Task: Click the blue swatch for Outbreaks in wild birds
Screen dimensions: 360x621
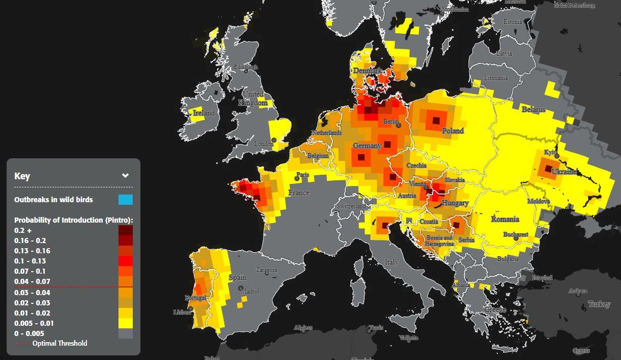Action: (x=126, y=199)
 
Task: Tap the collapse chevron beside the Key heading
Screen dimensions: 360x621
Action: (x=125, y=176)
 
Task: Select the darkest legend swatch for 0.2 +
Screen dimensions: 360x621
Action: (x=126, y=230)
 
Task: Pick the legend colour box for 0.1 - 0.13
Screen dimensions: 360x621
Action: (x=126, y=261)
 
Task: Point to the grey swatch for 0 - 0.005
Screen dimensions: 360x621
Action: (x=126, y=333)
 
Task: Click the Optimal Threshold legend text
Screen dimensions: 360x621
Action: (x=59, y=343)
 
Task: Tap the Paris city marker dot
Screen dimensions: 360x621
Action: (x=297, y=179)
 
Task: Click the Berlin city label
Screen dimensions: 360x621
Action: (x=391, y=122)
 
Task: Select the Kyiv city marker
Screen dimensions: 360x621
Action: (x=557, y=156)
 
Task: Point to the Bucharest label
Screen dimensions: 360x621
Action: (x=515, y=234)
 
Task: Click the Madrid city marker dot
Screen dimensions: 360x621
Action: (x=241, y=289)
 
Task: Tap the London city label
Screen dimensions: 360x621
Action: (x=264, y=144)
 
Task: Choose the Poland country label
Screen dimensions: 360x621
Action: (x=453, y=131)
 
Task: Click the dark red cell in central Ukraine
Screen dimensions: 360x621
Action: (x=548, y=169)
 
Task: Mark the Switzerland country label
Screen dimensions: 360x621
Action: (x=351, y=206)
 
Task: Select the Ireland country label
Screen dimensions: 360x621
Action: (x=204, y=113)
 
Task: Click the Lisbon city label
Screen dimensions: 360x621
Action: (x=182, y=312)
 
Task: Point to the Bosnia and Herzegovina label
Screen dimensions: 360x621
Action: (x=440, y=241)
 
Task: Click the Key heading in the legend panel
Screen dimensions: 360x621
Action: (x=22, y=176)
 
